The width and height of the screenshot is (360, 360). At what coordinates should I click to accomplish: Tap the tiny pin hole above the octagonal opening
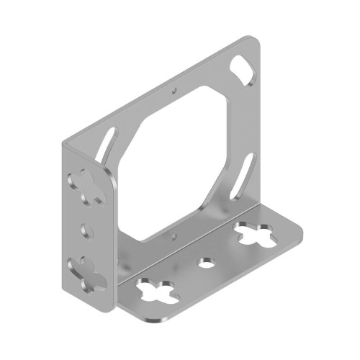point(175,91)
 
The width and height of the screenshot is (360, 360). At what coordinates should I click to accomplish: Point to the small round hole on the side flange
point(89,229)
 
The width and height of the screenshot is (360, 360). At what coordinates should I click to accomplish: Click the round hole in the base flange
point(207,261)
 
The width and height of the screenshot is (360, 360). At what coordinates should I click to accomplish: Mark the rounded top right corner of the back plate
point(256,41)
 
